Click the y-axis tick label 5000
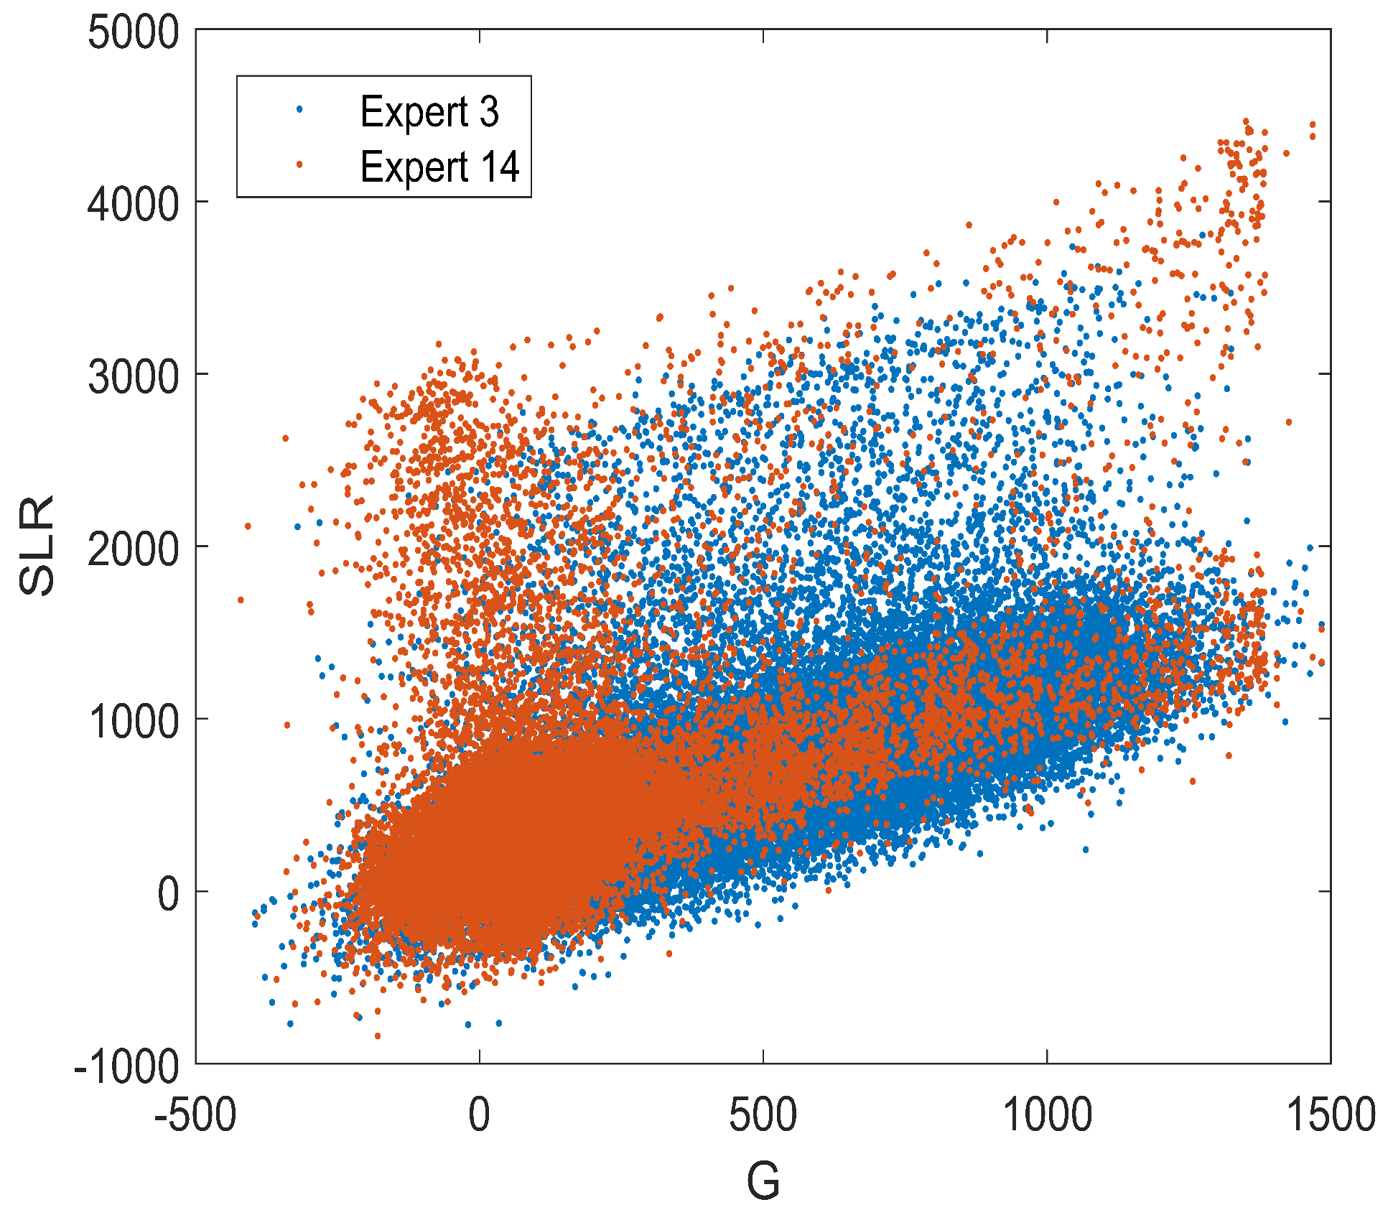coord(133,33)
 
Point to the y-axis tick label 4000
coord(133,205)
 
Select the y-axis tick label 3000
coord(133,377)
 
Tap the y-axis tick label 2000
coord(133,549)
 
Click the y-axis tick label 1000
coord(133,722)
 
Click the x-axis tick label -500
coord(195,1115)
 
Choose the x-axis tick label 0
coord(479,1115)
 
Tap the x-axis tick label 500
coord(763,1115)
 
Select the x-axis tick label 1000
coord(1046,1115)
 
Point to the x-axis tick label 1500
coord(1330,1115)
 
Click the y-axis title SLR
coord(37,546)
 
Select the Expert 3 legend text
coord(429,112)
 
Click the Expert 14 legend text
coord(439,167)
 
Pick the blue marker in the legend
coord(299,109)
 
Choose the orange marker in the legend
coord(299,164)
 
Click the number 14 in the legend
coord(500,167)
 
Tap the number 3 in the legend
coord(489,112)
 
